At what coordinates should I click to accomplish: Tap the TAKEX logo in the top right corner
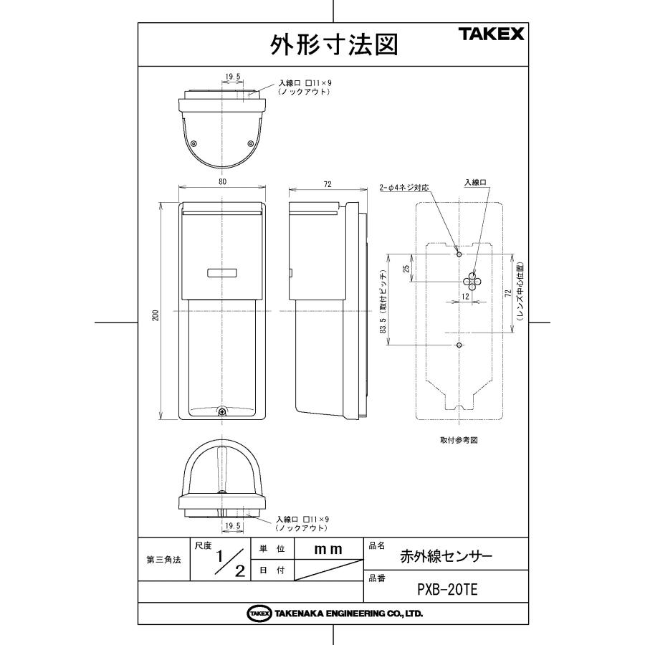coord(491,34)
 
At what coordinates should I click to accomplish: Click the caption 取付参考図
coord(459,440)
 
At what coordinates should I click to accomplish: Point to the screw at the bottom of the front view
coord(222,412)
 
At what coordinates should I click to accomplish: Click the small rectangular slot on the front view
coord(222,272)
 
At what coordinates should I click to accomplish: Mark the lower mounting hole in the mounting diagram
coord(459,345)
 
